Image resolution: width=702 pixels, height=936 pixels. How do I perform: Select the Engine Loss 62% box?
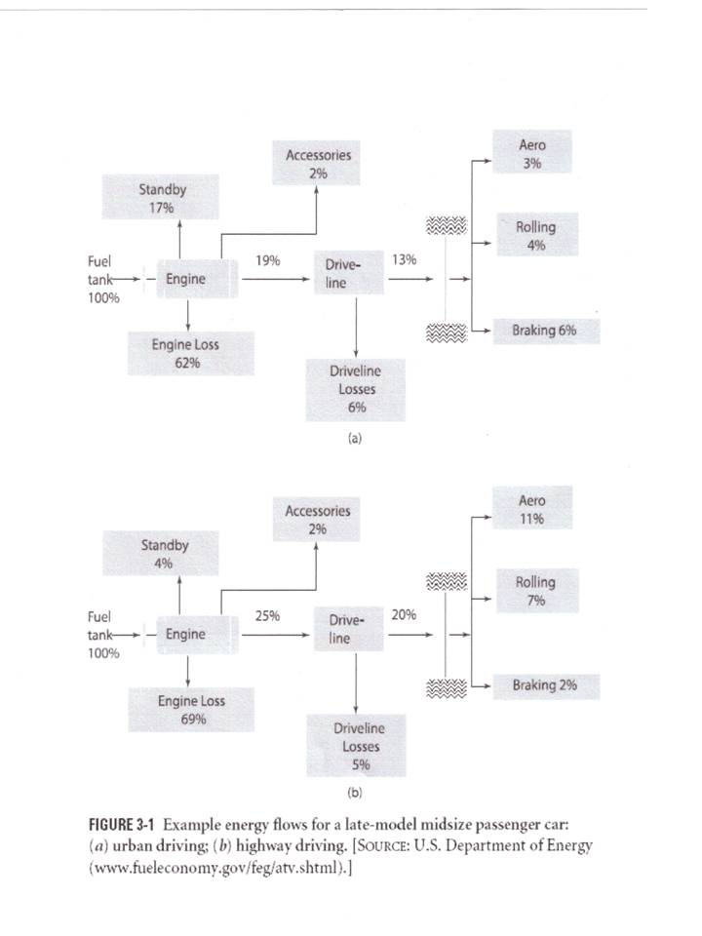click(186, 354)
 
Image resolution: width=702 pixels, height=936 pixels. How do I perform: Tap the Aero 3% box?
click(531, 154)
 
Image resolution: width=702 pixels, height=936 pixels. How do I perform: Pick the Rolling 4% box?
click(535, 236)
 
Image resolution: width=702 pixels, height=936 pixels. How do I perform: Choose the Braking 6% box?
click(544, 331)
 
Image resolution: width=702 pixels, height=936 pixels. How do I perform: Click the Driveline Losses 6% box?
click(357, 389)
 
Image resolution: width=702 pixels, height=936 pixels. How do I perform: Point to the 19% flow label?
click(268, 260)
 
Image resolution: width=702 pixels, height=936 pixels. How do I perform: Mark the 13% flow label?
click(404, 260)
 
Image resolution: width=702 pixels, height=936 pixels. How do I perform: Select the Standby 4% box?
click(163, 554)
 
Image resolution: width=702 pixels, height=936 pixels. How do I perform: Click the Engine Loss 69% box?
click(192, 710)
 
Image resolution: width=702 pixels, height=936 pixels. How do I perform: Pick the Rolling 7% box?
click(535, 591)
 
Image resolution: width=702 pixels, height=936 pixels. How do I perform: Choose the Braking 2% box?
click(544, 685)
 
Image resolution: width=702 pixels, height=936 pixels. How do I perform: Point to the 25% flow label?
click(268, 615)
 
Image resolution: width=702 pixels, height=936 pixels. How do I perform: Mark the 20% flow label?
click(404, 615)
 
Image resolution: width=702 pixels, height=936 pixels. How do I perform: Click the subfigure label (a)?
click(355, 439)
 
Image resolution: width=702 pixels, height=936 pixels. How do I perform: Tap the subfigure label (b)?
click(355, 794)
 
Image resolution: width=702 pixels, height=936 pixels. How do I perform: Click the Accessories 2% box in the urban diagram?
click(318, 163)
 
